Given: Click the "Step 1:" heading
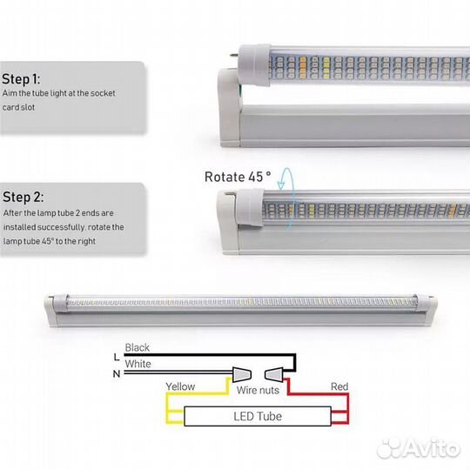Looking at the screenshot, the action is pyautogui.click(x=21, y=79).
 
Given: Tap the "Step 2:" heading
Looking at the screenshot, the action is pyautogui.click(x=23, y=198).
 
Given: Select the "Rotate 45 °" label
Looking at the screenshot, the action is pyautogui.click(x=238, y=177).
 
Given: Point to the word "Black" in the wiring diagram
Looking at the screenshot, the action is pyautogui.click(x=137, y=347).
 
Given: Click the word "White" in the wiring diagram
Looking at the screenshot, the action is pyautogui.click(x=138, y=364).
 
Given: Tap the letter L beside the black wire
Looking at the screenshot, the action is pyautogui.click(x=117, y=357).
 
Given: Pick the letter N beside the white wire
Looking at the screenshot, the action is pyautogui.click(x=117, y=373).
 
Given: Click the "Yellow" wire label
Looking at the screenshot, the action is pyautogui.click(x=180, y=386).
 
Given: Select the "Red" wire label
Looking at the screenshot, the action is pyautogui.click(x=339, y=386).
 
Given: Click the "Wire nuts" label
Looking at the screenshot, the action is pyautogui.click(x=258, y=390).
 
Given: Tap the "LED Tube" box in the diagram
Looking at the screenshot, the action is pyautogui.click(x=258, y=416).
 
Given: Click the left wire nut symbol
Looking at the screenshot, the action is pyautogui.click(x=242, y=374).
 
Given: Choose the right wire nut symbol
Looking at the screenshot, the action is pyautogui.click(x=273, y=374).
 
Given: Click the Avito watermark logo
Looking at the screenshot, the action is pyautogui.click(x=419, y=448).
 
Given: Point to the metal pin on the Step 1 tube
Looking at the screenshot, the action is pyautogui.click(x=234, y=55).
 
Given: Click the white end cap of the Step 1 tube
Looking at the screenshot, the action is pyautogui.click(x=254, y=65).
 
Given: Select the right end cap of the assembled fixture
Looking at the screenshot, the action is pyautogui.click(x=425, y=304).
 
